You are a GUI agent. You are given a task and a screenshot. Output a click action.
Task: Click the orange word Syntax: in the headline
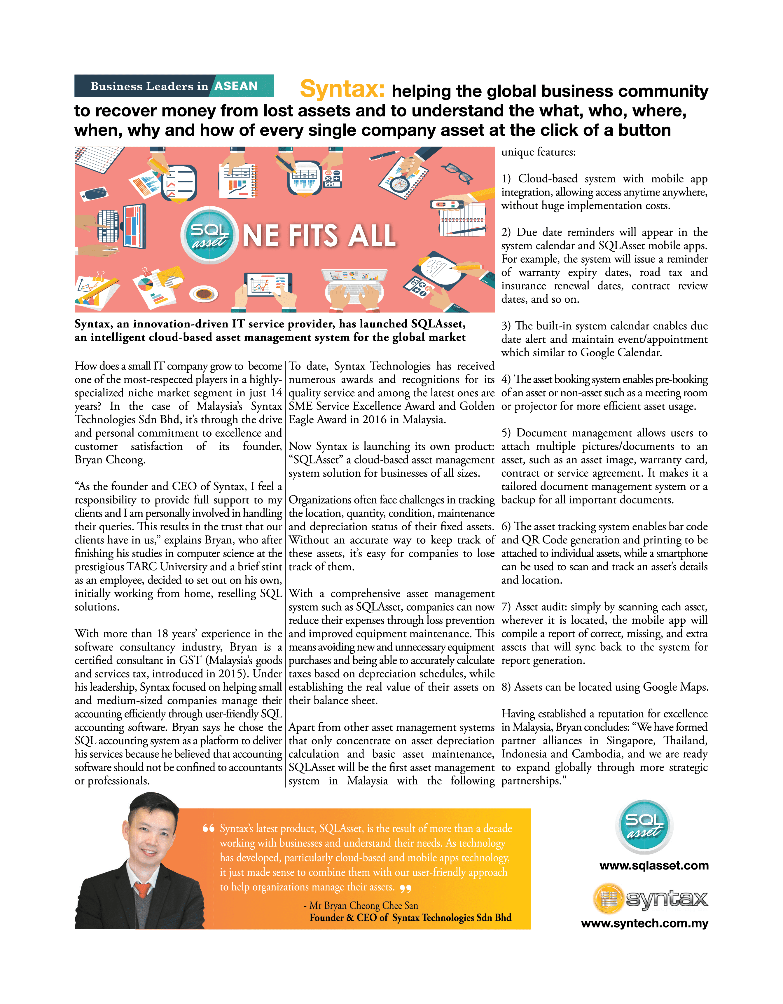pyautogui.click(x=342, y=89)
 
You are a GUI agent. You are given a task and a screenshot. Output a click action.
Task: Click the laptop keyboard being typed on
pyautogui.click(x=353, y=290)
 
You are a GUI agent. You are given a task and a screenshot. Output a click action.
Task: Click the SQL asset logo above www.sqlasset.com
pyautogui.click(x=644, y=826)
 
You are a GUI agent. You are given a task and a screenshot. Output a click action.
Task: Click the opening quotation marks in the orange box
pyautogui.click(x=209, y=828)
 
